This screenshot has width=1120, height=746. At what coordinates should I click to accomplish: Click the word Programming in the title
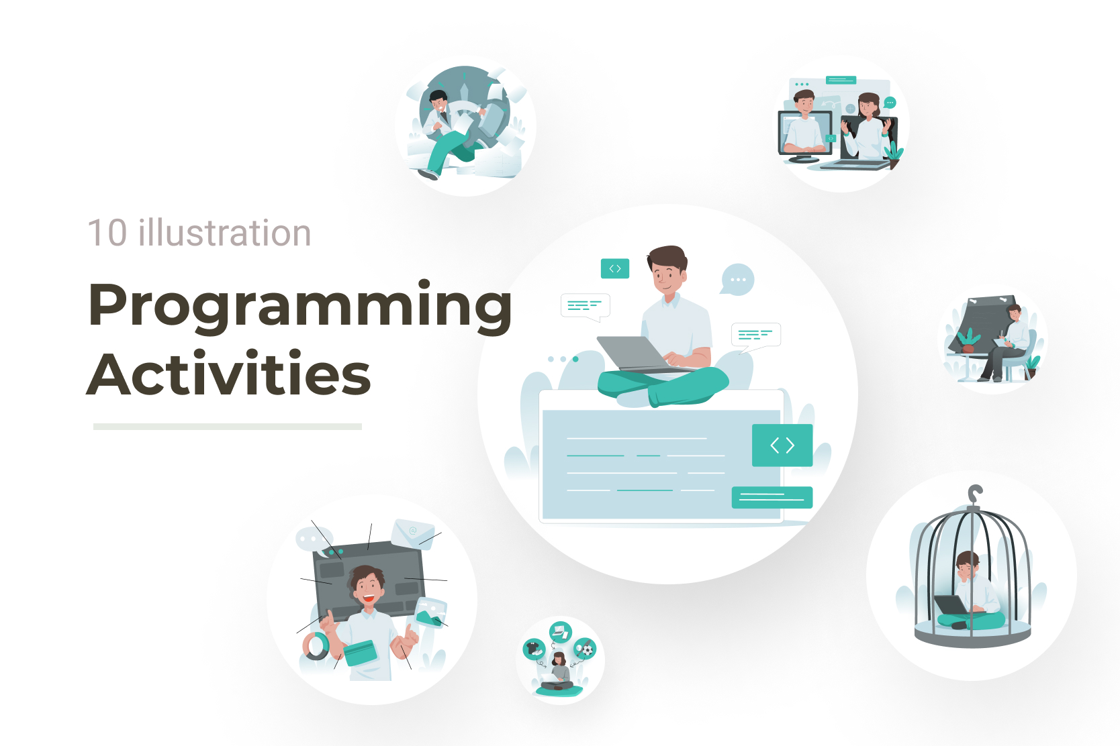click(300, 306)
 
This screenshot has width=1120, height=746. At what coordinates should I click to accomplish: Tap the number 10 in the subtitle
click(107, 233)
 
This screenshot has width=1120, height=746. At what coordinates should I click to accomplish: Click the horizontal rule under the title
click(228, 426)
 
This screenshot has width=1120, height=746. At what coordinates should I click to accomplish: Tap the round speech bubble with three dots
click(737, 279)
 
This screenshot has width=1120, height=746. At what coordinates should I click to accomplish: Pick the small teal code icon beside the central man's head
click(615, 269)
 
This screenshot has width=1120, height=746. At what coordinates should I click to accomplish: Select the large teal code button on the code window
click(782, 445)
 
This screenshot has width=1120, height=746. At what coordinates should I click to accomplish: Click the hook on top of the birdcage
click(974, 494)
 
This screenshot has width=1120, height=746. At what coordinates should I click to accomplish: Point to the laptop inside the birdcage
click(951, 604)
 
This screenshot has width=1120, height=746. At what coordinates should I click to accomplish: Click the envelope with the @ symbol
click(412, 533)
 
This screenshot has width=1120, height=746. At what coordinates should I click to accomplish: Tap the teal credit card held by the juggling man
click(359, 653)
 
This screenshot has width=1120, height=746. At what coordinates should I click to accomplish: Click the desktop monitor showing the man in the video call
click(805, 135)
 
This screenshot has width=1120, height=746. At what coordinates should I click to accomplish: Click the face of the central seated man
click(667, 278)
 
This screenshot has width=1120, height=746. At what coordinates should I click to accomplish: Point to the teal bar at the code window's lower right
click(772, 497)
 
